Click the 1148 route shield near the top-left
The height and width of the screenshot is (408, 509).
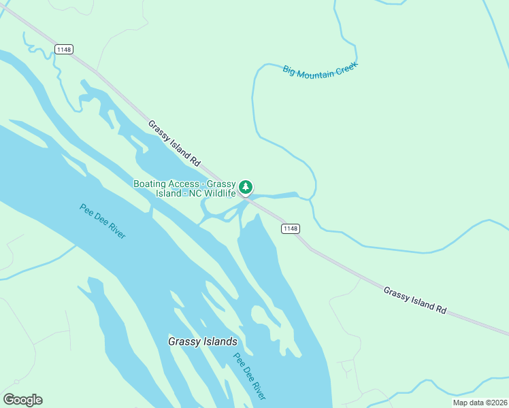(x=64, y=50)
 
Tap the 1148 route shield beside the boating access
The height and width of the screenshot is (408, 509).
(x=291, y=228)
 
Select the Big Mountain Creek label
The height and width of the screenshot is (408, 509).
(x=320, y=70)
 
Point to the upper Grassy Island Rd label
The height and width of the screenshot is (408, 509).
(x=174, y=143)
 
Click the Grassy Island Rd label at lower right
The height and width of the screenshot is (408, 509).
(x=414, y=299)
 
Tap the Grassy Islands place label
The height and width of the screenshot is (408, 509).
(x=203, y=341)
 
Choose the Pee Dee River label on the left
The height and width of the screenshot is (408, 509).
(x=103, y=221)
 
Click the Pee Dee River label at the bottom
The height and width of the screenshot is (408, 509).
(x=250, y=376)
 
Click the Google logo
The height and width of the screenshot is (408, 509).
(x=22, y=400)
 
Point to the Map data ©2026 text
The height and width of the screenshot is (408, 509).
(x=479, y=403)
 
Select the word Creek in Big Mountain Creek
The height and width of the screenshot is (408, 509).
(x=346, y=67)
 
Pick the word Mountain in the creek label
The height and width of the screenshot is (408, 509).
(x=316, y=71)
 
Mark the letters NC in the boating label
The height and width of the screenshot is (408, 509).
(x=195, y=193)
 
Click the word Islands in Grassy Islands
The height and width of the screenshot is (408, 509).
(x=218, y=341)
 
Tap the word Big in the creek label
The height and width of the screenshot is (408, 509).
(x=289, y=71)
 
